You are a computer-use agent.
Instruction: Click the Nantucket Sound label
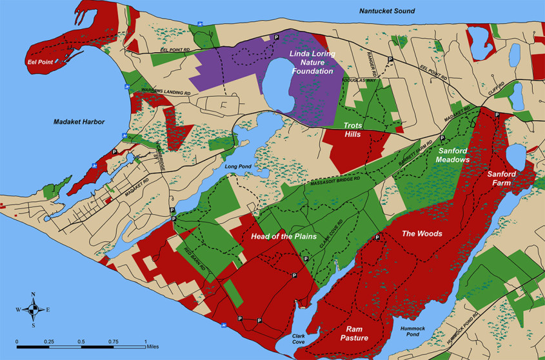pos(388,11)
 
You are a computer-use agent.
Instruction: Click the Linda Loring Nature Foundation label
pos(313,63)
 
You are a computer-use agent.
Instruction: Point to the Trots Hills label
pos(355,129)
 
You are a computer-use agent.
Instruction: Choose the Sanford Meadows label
pos(462,155)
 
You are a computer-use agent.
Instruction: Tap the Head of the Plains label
pos(284,237)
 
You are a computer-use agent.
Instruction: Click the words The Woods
pos(422,234)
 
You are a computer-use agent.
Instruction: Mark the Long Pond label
pos(237,166)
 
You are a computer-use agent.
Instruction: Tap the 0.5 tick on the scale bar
pos(81,341)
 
